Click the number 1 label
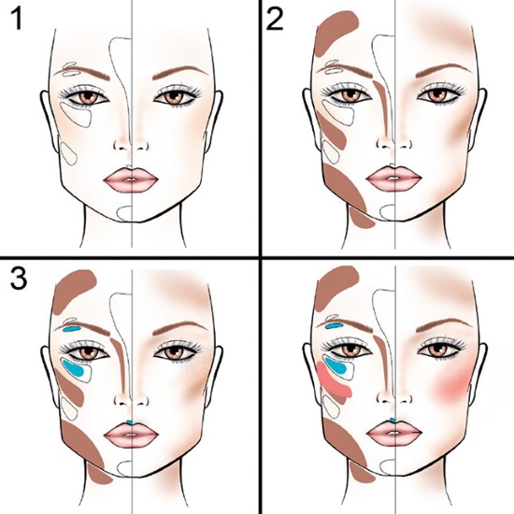pos(20,21)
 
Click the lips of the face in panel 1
pos(132,178)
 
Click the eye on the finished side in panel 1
pos(173,96)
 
